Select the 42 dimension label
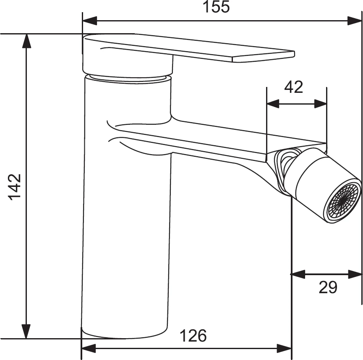[x=294, y=87]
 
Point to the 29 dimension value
[x=328, y=287]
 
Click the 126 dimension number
[x=193, y=336]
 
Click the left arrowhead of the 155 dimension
[x=89, y=21]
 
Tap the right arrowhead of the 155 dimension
[x=355, y=21]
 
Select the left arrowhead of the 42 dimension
[x=273, y=104]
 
